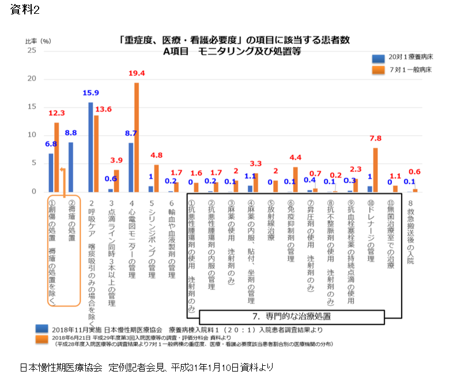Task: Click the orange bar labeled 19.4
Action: click(137, 137)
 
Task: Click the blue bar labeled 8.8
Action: click(71, 167)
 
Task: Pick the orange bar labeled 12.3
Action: click(56, 157)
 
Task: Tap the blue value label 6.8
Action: click(51, 144)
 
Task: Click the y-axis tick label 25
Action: click(32, 51)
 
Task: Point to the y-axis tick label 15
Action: click(32, 107)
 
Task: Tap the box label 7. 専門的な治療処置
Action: click(292, 316)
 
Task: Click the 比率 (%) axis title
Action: click(39, 41)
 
